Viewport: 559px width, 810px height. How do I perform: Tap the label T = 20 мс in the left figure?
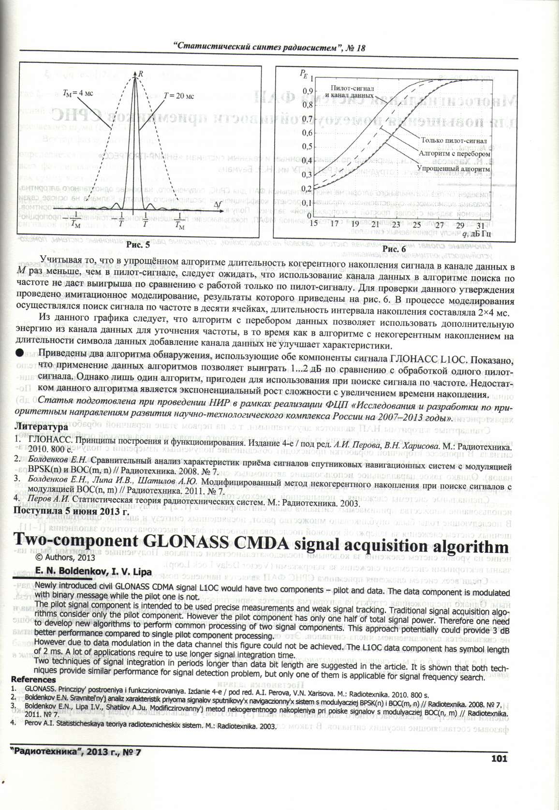[179, 96]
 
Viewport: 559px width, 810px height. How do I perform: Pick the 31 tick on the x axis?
[480, 225]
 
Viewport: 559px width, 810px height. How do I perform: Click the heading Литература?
[41, 427]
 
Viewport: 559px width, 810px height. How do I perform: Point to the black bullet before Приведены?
[19, 353]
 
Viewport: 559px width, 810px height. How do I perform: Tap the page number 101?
[499, 758]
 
